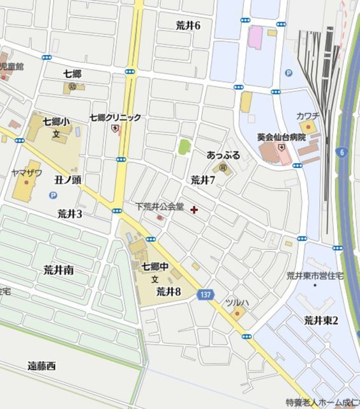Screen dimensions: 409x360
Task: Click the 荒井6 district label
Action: point(188,26)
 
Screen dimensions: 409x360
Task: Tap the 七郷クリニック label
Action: point(115,118)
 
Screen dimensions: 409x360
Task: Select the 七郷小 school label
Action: point(56,121)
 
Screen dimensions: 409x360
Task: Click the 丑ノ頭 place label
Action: point(67,180)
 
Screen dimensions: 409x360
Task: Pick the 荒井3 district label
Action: point(70,213)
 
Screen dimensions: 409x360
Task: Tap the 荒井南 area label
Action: point(58,270)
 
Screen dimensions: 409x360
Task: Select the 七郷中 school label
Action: point(154,266)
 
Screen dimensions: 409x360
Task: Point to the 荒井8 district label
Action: point(169,291)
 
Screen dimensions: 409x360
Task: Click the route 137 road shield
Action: point(204,293)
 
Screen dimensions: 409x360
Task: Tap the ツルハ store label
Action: point(236,302)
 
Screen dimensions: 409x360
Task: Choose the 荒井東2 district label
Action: point(320,320)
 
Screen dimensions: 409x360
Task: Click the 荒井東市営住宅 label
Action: point(315,275)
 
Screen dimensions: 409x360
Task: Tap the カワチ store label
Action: point(308,115)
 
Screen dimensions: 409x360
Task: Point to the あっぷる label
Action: point(223,155)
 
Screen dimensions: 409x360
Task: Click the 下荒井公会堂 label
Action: point(159,207)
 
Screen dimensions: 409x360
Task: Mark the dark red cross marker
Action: point(194,209)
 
